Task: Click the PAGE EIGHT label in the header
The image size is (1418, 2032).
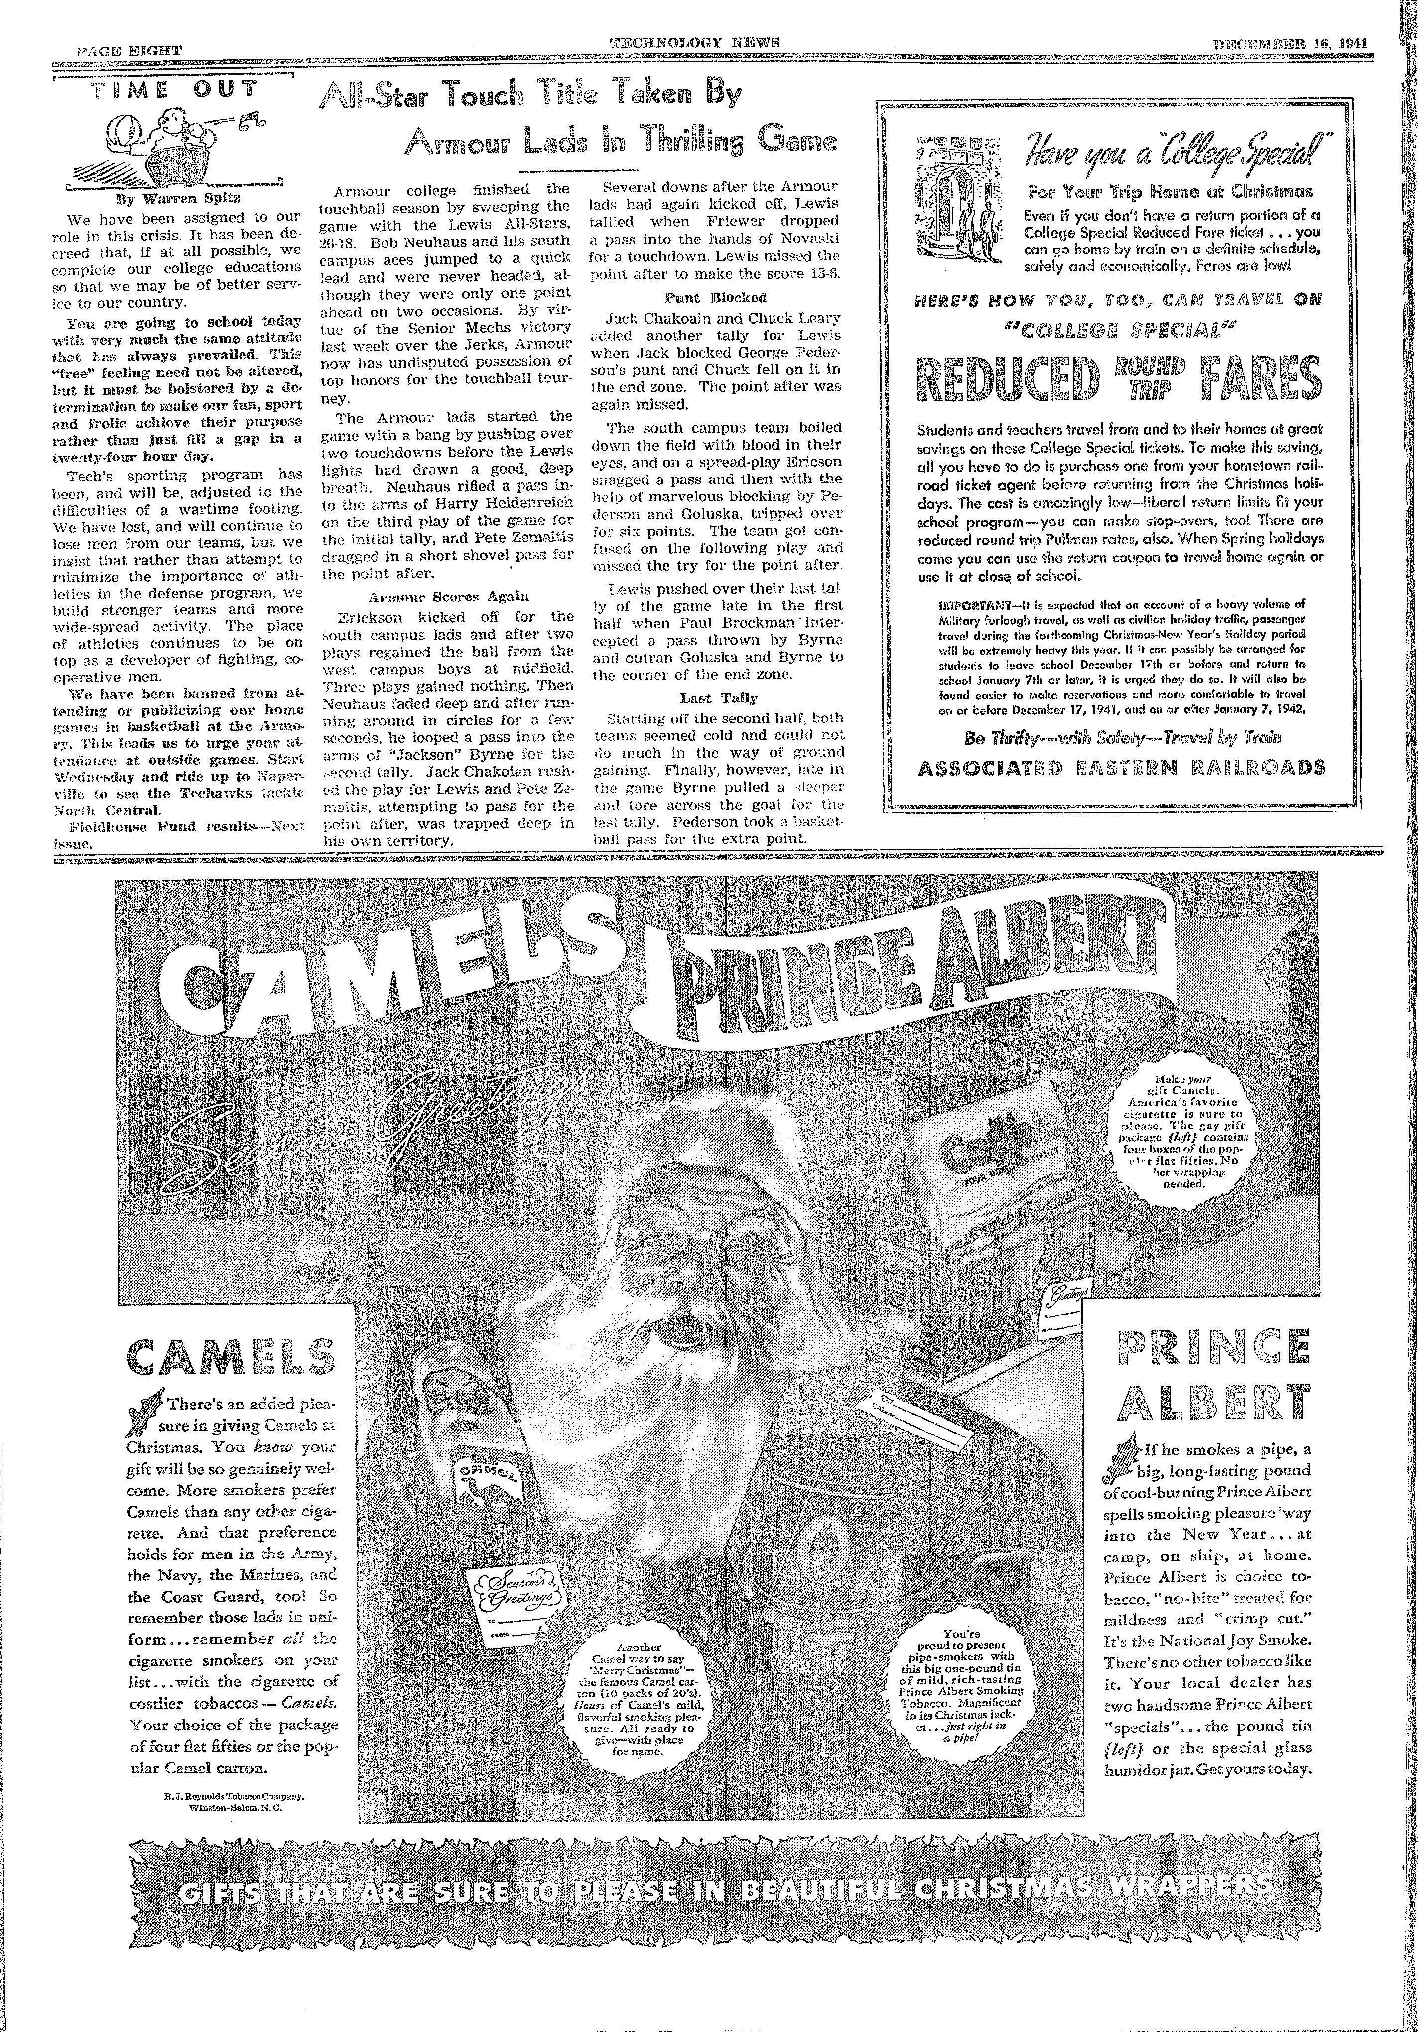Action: coord(129,50)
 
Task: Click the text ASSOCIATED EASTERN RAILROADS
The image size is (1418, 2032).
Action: coord(1122,767)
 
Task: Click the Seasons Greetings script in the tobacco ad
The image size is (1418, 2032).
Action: coord(372,1142)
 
